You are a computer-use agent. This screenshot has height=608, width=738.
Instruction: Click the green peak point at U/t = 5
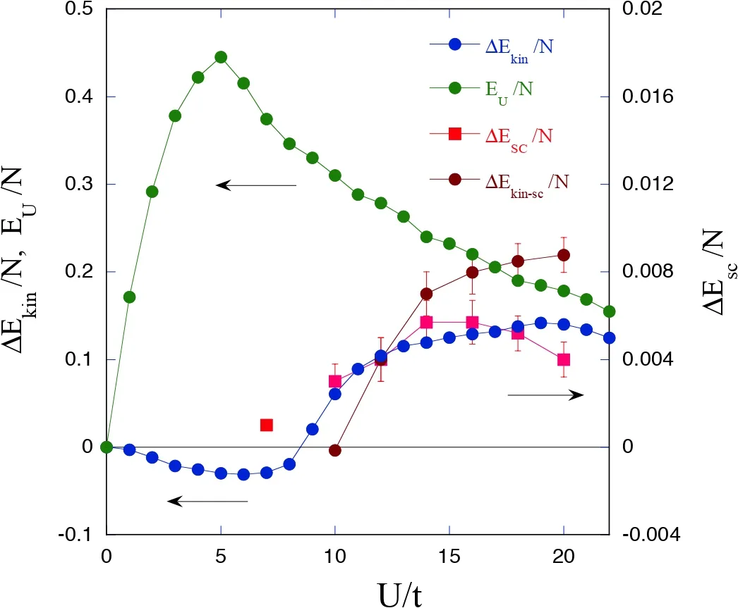coord(221,57)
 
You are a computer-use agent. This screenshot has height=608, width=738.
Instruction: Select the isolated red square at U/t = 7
coord(266,425)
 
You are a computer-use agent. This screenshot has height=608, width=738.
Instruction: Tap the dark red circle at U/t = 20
coord(564,255)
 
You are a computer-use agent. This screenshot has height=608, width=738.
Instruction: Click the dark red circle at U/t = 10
coord(335,450)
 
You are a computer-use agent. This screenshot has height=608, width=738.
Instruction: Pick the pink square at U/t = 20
coord(564,359)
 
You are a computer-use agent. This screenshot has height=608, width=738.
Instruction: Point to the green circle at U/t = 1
coord(129,297)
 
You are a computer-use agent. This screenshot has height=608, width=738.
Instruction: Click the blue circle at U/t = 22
coord(609,337)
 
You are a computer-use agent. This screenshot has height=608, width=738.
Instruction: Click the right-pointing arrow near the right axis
coord(545,395)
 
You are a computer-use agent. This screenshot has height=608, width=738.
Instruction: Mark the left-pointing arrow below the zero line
coord(207,501)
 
